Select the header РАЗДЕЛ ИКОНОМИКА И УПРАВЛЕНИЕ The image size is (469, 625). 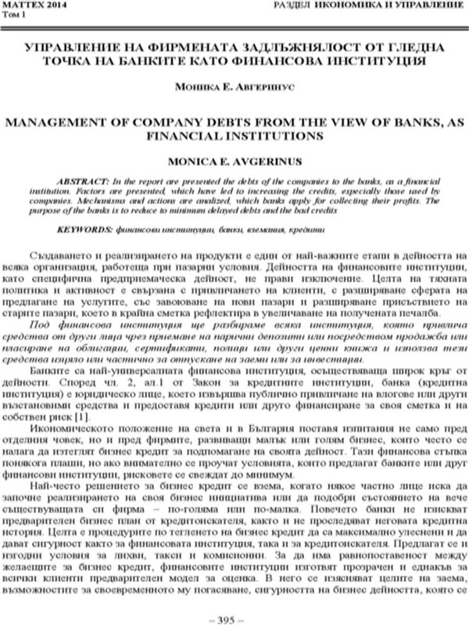[368, 5]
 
